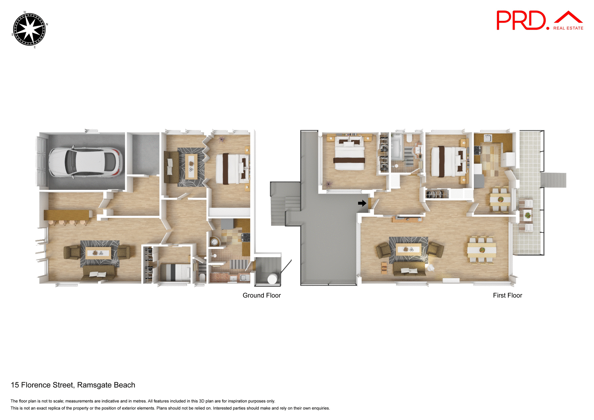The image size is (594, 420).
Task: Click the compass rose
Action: click(29, 29)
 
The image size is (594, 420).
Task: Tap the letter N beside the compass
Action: click(47, 24)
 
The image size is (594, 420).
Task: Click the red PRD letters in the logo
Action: click(521, 20)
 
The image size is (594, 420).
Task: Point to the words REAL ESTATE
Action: click(568, 28)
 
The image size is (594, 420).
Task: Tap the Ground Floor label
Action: click(261, 295)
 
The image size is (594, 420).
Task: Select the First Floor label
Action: click(507, 295)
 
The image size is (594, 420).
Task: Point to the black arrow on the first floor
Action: click(362, 203)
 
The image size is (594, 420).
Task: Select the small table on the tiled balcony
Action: click(527, 215)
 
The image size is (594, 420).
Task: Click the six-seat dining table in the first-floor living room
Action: click(482, 250)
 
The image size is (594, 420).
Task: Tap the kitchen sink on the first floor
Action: click(488, 138)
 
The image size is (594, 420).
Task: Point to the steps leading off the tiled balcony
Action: click(553, 180)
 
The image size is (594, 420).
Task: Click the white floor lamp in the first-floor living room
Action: click(430, 268)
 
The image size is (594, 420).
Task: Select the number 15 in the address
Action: click(15, 385)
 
